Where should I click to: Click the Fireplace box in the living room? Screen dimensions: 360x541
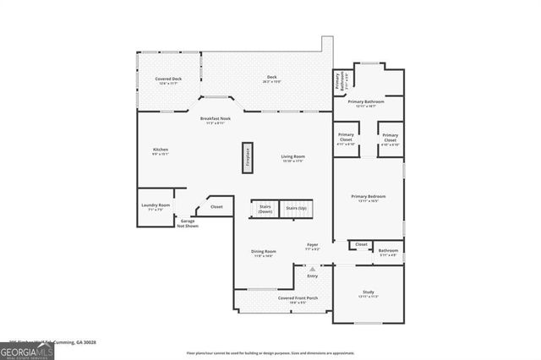(x=248, y=157)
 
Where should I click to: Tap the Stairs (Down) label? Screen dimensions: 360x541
(x=264, y=209)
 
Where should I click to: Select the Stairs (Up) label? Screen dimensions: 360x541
(x=296, y=208)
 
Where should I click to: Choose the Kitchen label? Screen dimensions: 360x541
(x=161, y=150)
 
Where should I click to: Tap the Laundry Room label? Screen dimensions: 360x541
(x=155, y=205)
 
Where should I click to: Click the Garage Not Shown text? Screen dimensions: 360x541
(x=188, y=224)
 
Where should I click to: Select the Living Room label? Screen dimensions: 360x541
(x=292, y=156)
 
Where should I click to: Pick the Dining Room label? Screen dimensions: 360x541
(x=263, y=251)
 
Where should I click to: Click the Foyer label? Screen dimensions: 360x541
(x=312, y=245)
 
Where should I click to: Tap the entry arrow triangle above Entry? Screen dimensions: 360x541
(x=312, y=269)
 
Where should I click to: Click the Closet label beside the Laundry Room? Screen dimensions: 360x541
(x=216, y=206)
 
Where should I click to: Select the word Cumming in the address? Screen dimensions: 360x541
(x=63, y=342)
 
